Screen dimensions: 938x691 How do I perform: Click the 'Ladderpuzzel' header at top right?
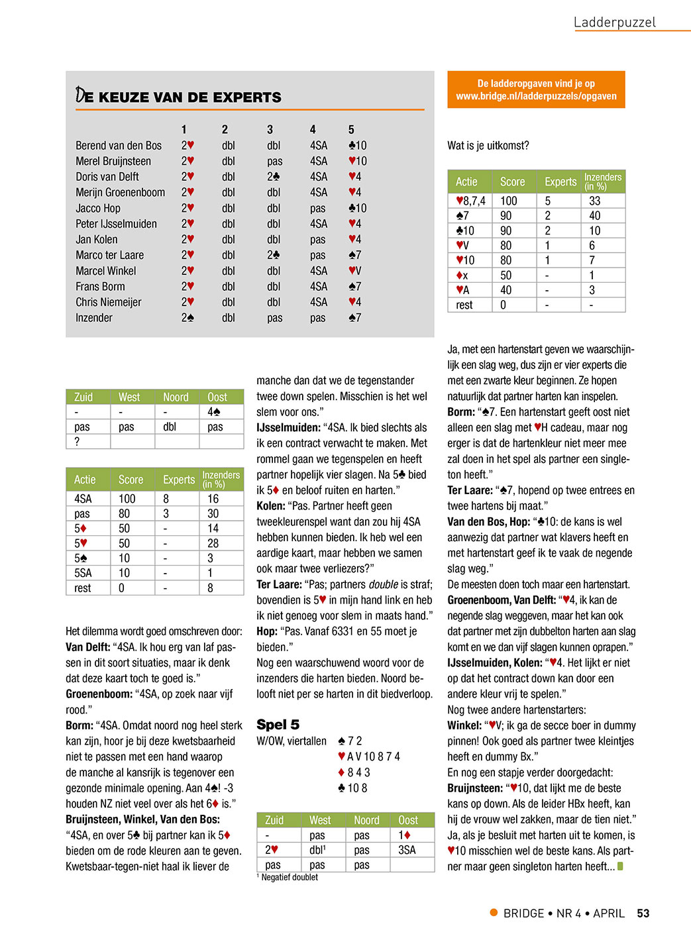tap(614, 23)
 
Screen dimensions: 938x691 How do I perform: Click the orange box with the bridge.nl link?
tap(536, 90)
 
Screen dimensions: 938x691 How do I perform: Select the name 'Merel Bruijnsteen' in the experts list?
tap(113, 161)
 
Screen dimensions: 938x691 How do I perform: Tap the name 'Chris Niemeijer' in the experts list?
tap(109, 302)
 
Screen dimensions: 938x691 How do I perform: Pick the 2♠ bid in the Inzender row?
tap(187, 318)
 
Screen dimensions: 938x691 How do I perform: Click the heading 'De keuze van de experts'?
tap(179, 97)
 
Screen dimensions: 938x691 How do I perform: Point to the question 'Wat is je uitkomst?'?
tap(488, 146)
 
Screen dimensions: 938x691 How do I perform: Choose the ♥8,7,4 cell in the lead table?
tap(470, 201)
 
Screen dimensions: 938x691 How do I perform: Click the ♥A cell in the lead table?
tap(462, 290)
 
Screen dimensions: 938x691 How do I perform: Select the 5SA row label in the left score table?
tap(83, 573)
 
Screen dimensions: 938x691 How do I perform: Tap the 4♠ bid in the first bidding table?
tap(214, 412)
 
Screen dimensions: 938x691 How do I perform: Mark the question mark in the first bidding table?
tap(77, 442)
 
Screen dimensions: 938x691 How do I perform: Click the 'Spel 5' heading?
tap(278, 725)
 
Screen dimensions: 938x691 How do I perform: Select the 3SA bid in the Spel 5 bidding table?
tap(407, 850)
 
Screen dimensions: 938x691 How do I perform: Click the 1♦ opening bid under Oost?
tap(405, 835)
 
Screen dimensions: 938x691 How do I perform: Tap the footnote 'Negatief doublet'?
tap(290, 877)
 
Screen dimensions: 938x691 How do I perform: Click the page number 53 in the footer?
tap(643, 913)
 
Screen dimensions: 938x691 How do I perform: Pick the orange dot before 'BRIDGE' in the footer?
tap(494, 913)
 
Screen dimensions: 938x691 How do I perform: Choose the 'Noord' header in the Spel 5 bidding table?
tap(366, 820)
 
